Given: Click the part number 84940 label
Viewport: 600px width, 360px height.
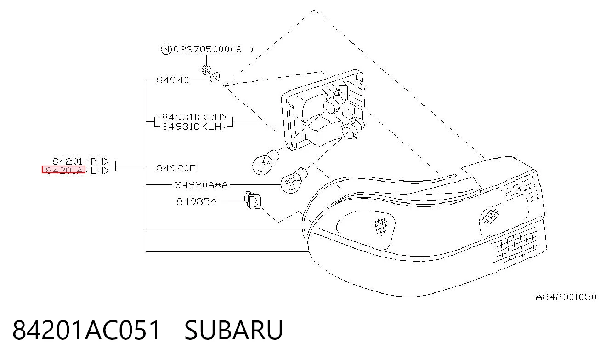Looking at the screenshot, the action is point(173,80).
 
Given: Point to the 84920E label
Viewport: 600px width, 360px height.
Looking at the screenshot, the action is point(176,168).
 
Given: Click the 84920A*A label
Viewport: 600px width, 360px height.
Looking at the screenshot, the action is point(201,185).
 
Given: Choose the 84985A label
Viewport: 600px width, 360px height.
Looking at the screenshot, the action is point(197,201).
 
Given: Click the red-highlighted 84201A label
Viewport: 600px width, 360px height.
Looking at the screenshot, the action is point(64,170).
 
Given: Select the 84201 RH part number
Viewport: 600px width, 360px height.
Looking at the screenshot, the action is point(81,161).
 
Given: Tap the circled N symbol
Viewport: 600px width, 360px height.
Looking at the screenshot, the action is point(166,49).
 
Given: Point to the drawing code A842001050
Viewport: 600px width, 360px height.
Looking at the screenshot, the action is point(566,297).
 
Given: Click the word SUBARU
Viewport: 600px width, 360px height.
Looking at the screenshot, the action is point(233,330).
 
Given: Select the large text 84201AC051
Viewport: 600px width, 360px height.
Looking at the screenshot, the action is point(86,330).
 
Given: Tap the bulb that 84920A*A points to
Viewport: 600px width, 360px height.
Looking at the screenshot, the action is point(293,180).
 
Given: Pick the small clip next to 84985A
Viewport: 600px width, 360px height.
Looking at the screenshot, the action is point(252,200).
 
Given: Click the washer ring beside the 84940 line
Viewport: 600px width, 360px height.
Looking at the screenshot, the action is point(215,77).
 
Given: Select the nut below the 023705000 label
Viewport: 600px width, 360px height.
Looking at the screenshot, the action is point(206,70).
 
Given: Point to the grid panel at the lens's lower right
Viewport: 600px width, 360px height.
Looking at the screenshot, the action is point(515,245).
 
